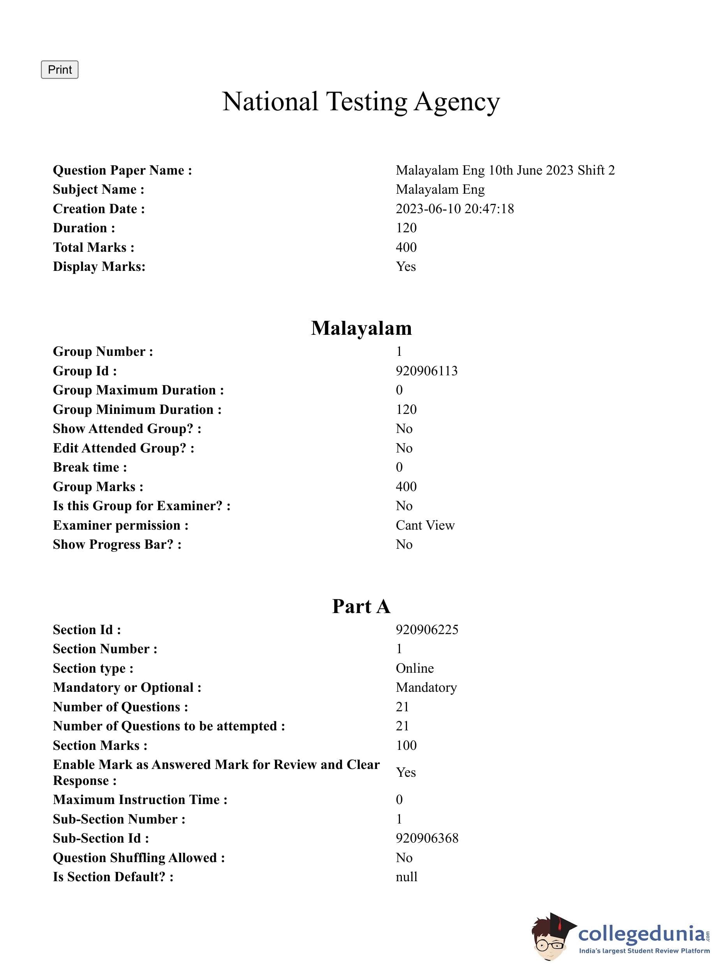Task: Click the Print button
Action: [x=59, y=70]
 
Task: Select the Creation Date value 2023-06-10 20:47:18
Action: [x=454, y=209]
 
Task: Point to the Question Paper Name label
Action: [x=122, y=170]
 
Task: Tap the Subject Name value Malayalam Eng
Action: [x=440, y=189]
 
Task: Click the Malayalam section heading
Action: [x=361, y=328]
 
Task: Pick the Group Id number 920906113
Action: [x=426, y=371]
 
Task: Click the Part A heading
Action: [x=361, y=606]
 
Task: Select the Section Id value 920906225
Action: [x=427, y=629]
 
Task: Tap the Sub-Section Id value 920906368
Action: [x=427, y=838]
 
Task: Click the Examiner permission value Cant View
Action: [x=425, y=525]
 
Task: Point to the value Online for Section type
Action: [x=414, y=668]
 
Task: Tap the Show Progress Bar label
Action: [x=117, y=544]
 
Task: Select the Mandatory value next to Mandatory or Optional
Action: [x=426, y=688]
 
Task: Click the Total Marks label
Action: [x=93, y=247]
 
